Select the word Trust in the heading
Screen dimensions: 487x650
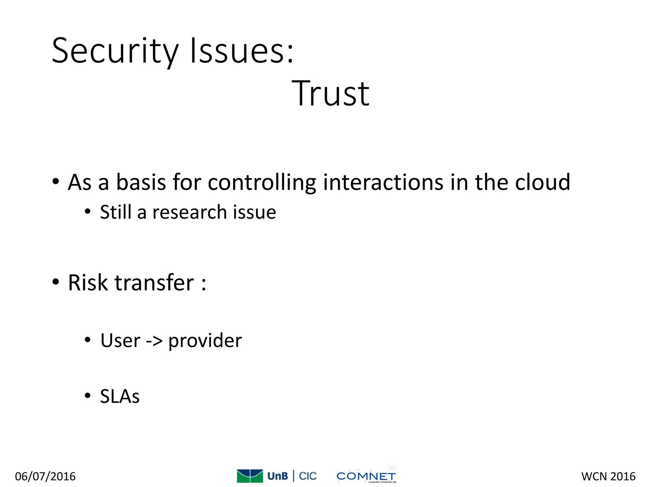(330, 94)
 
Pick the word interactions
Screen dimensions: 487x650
(383, 183)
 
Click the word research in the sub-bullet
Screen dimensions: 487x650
(189, 212)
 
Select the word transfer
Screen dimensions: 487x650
(154, 282)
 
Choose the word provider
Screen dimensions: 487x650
(205, 341)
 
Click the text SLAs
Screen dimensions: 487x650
(120, 396)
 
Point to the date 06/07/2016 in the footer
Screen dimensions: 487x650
(45, 477)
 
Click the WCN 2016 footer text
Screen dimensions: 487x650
(608, 477)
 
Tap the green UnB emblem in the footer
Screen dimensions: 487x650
(250, 476)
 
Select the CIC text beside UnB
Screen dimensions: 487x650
(308, 476)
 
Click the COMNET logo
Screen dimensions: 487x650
(366, 476)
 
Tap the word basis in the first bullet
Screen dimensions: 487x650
(141, 183)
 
